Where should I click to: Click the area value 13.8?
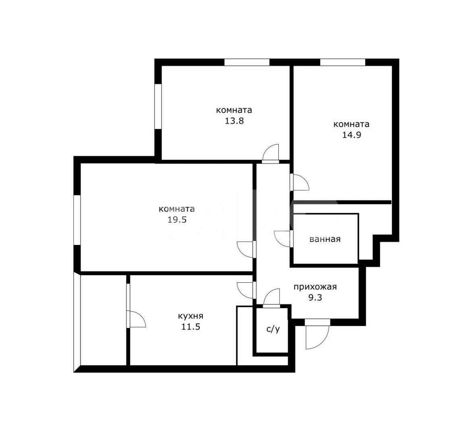(x=234, y=121)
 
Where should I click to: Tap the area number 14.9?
(x=351, y=135)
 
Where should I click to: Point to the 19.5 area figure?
(x=177, y=220)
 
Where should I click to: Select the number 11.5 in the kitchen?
(x=191, y=327)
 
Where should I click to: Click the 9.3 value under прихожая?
(x=315, y=297)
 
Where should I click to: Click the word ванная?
(x=325, y=239)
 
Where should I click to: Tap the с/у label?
(x=273, y=329)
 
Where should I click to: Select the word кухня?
(x=191, y=316)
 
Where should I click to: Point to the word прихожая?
(x=315, y=287)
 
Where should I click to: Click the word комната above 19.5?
(x=177, y=209)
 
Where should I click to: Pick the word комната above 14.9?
(x=351, y=124)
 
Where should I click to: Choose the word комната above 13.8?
(x=234, y=110)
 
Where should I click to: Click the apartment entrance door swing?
(x=317, y=334)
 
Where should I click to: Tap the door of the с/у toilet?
(x=272, y=298)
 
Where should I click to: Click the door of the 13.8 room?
(x=271, y=153)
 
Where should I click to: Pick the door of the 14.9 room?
(x=299, y=182)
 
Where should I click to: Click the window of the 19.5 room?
(x=77, y=220)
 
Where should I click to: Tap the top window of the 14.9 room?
(x=343, y=62)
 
